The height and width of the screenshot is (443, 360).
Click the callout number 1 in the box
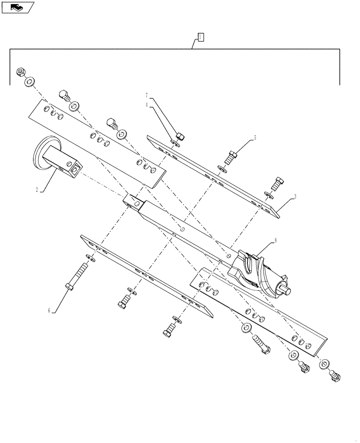[200, 37]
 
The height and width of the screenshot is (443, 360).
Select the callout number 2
[37, 190]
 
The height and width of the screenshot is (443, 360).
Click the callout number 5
[255, 138]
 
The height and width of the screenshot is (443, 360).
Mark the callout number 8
[275, 241]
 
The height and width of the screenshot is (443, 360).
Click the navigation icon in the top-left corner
[17, 7]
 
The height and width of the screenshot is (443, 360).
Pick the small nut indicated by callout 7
[180, 135]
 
